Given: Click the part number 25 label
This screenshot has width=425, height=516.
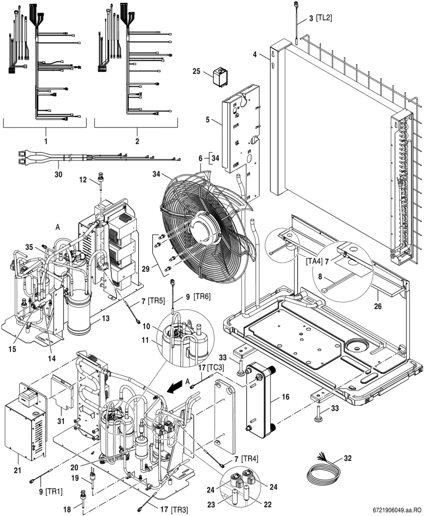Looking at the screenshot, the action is (x=196, y=71).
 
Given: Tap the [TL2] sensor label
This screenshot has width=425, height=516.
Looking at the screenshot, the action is (x=324, y=18).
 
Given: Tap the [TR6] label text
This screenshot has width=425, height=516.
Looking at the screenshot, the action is (x=202, y=296).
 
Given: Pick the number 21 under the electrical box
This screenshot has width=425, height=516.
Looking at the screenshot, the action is (x=17, y=470).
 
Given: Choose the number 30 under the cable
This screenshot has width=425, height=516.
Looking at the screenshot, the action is (x=58, y=175).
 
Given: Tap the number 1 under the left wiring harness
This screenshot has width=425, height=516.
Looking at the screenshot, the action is (x=46, y=141).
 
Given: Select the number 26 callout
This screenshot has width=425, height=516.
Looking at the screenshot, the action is (x=378, y=306).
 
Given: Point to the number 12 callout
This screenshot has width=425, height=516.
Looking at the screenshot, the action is (x=83, y=180).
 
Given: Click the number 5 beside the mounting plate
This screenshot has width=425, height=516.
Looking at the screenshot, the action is (x=207, y=120).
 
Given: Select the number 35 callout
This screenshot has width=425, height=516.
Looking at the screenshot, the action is (x=29, y=247).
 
